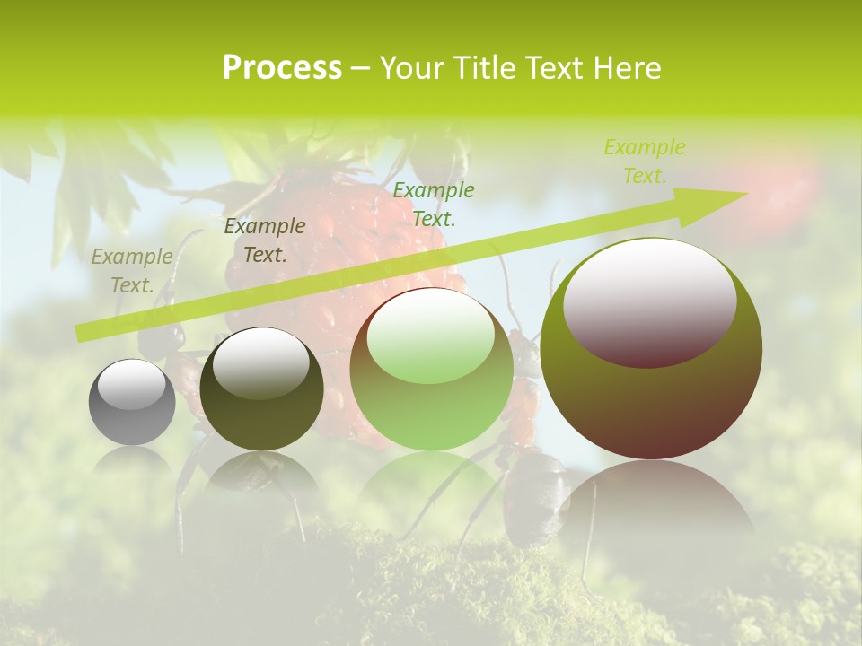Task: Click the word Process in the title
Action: pos(282,68)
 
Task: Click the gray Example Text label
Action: pos(132,271)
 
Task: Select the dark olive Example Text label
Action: pos(265,240)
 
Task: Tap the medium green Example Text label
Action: pos(434,204)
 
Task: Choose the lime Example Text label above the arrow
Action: pos(644,161)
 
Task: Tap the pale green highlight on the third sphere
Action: pos(431,336)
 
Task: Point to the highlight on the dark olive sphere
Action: pos(260,361)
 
